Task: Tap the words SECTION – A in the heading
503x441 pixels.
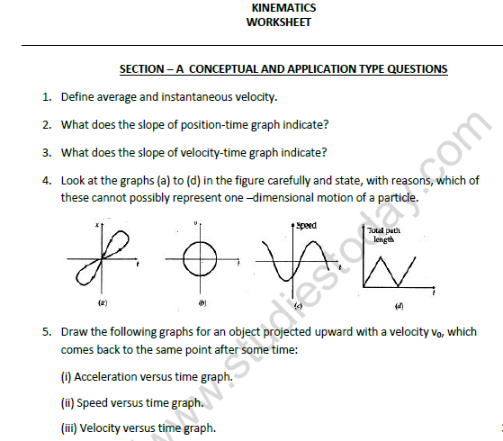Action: [x=150, y=69]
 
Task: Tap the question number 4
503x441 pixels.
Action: [x=45, y=180]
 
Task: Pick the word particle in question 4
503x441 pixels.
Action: [x=396, y=197]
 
